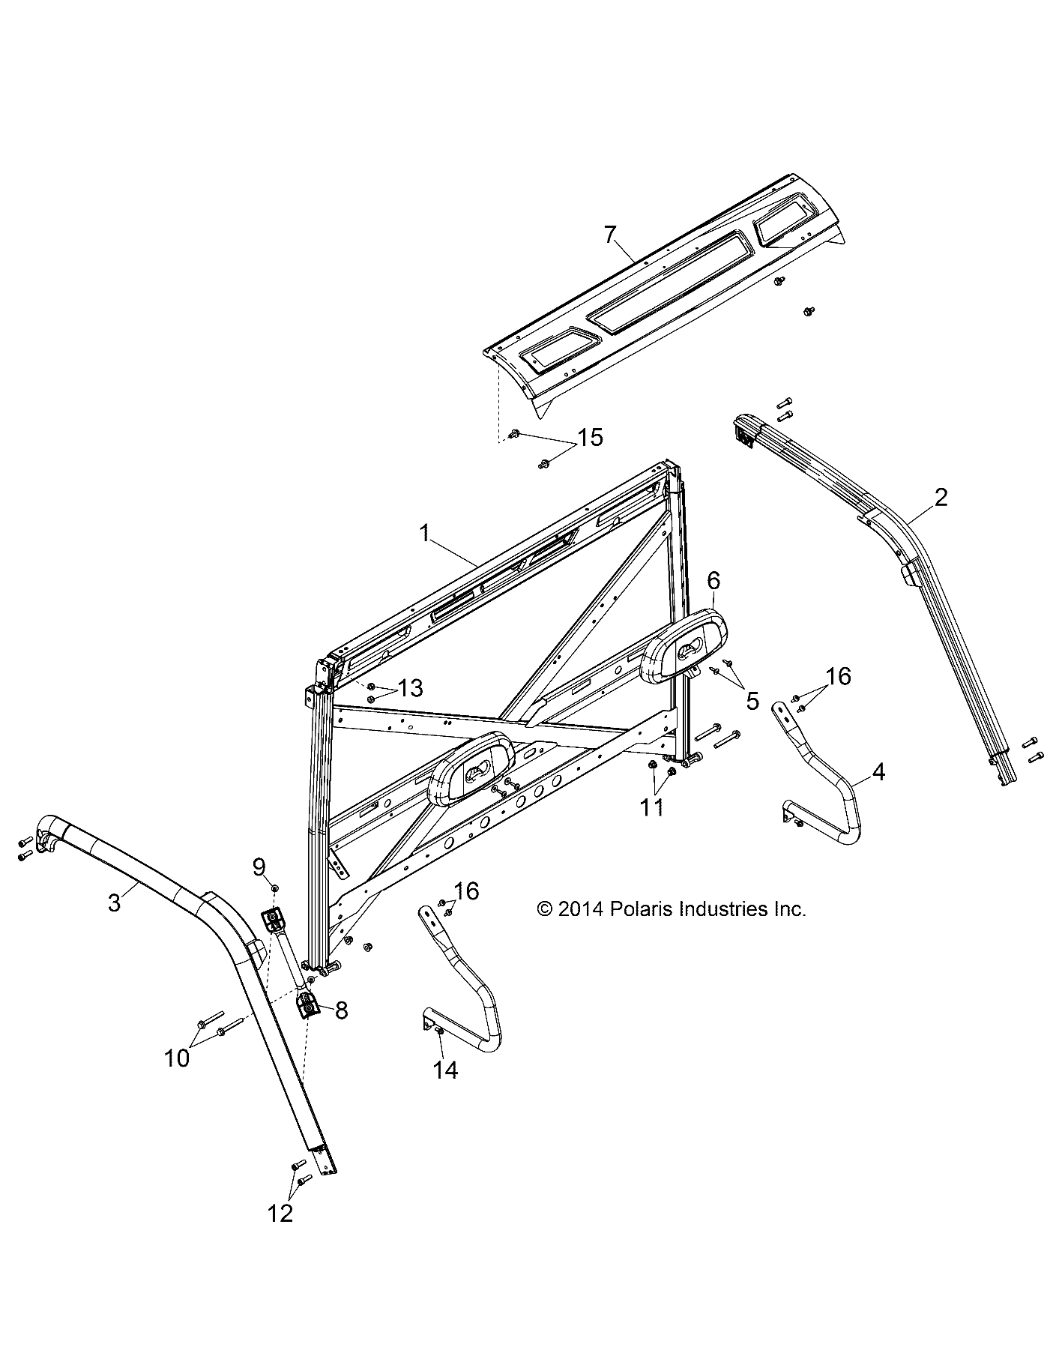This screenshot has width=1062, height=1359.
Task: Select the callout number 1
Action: point(425,534)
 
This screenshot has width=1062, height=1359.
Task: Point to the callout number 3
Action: point(114,903)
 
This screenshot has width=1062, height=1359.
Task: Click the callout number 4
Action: point(878,772)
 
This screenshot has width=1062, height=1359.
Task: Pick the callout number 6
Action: point(713,579)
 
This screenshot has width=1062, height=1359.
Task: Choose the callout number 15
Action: point(590,437)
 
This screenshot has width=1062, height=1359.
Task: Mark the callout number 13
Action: point(411,687)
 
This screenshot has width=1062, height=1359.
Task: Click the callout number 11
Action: point(652,808)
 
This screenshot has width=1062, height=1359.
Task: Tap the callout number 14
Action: point(445,1070)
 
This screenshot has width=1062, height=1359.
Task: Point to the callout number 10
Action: point(178,1058)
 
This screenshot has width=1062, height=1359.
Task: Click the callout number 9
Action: point(259,867)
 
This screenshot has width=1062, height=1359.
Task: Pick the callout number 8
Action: point(341,1010)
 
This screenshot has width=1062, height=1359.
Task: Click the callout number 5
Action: point(752,701)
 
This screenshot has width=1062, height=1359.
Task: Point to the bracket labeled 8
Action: point(308,1006)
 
